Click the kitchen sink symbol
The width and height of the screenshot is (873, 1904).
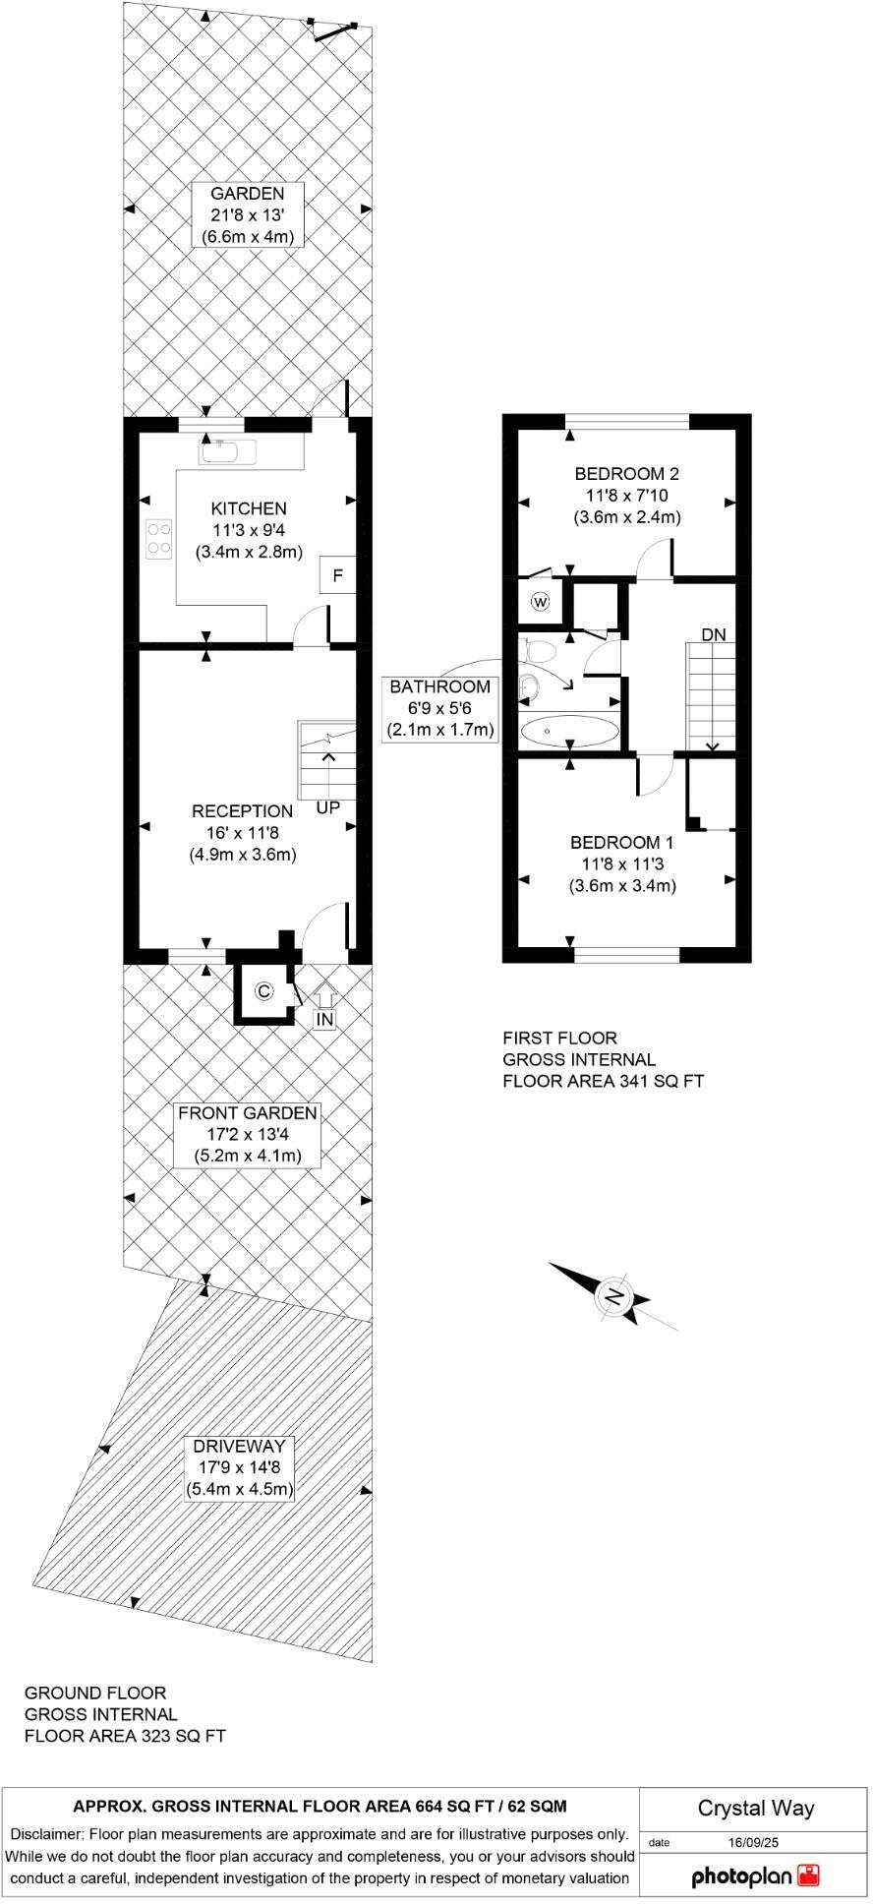point(227,452)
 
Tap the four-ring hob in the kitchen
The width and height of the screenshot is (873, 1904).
point(159,538)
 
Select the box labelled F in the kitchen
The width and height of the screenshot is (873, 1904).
point(337,575)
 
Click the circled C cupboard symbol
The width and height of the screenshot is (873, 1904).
point(262,991)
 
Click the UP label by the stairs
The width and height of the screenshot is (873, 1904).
point(328,808)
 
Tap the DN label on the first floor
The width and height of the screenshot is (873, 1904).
point(714,635)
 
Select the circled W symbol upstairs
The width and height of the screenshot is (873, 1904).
point(540,602)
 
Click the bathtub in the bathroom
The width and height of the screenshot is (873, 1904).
point(569,732)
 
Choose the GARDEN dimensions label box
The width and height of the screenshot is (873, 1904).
point(247,214)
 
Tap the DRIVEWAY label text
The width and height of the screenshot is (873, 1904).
point(240,1446)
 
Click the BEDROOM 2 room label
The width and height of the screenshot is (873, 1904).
point(627,473)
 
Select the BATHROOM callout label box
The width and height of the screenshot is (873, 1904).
point(439,708)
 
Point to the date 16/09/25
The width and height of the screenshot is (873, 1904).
point(753,1842)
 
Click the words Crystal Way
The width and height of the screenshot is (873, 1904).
point(755,1808)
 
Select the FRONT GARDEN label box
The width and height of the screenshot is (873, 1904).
point(247,1134)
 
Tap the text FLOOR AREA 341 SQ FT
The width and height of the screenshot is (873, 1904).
point(603,1081)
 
